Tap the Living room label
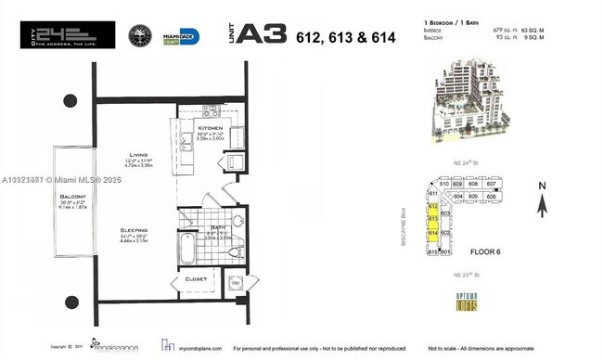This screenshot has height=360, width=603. [138, 155]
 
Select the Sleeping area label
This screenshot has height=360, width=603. [135, 228]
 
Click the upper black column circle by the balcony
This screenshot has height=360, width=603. [71, 99]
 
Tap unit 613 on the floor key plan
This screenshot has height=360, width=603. [432, 220]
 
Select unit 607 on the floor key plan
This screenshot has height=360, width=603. [492, 185]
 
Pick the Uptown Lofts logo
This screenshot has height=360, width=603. [465, 301]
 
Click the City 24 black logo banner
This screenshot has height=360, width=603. [68, 35]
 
